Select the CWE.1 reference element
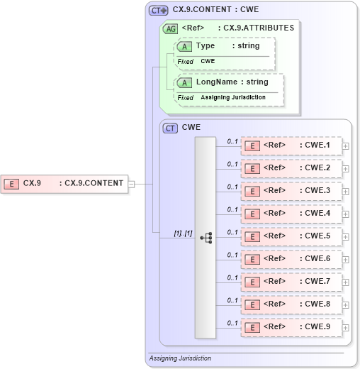(x=291, y=145)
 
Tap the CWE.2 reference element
(x=291, y=168)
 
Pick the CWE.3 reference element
(x=291, y=191)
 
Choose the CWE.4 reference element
(x=291, y=214)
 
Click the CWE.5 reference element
(x=291, y=236)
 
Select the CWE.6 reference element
(x=291, y=259)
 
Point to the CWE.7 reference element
(x=291, y=282)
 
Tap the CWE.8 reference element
(x=291, y=304)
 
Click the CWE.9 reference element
(x=291, y=327)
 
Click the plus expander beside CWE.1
(x=346, y=146)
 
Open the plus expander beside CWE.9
(x=346, y=328)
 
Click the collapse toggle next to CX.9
(x=131, y=184)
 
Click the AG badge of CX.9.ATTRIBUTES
(x=170, y=29)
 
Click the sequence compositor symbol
(x=206, y=238)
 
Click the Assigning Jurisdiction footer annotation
(x=180, y=358)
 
